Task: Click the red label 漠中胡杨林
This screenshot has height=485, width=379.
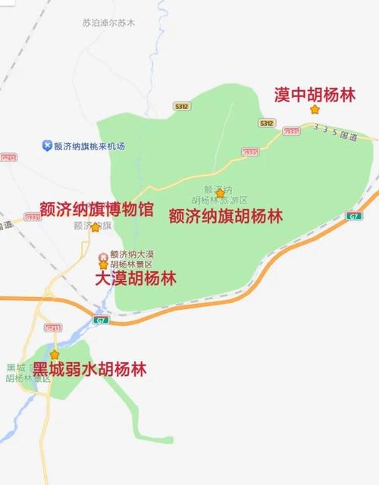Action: pyautogui.click(x=314, y=95)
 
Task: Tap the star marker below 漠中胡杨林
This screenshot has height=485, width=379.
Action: pyautogui.click(x=315, y=110)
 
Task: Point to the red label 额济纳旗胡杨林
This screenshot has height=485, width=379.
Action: pyautogui.click(x=225, y=215)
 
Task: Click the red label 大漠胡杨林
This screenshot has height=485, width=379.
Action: pyautogui.click(x=136, y=278)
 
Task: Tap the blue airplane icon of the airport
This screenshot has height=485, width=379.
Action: pyautogui.click(x=48, y=145)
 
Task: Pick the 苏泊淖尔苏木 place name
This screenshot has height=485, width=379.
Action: pyautogui.click(x=108, y=23)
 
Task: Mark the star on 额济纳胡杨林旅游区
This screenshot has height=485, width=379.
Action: pyautogui.click(x=220, y=193)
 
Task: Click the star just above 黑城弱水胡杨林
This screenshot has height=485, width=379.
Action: pyautogui.click(x=55, y=354)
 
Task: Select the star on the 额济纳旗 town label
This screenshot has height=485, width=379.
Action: pyautogui.click(x=96, y=227)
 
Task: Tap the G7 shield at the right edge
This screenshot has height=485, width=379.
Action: pyautogui.click(x=354, y=217)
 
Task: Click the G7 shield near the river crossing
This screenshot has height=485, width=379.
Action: pyautogui.click(x=102, y=320)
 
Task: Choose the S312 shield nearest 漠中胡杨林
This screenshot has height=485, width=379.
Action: pyautogui.click(x=265, y=122)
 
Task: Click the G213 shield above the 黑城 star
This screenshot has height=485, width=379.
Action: pyautogui.click(x=52, y=327)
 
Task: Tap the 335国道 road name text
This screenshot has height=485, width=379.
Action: pyautogui.click(x=334, y=134)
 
